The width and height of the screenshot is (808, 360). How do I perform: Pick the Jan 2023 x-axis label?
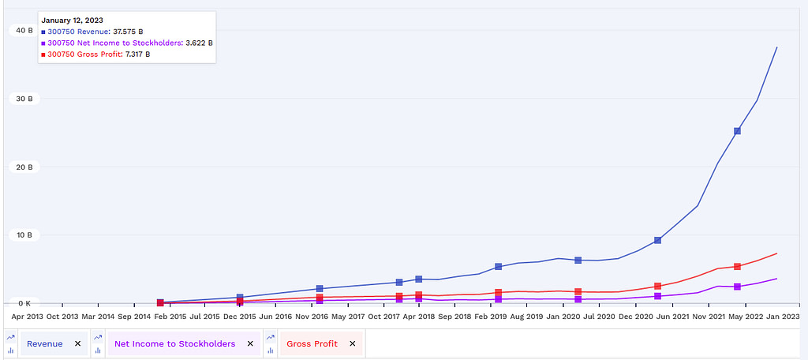784,316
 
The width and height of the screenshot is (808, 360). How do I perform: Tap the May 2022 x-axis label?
747,316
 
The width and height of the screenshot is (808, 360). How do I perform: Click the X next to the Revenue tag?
77,343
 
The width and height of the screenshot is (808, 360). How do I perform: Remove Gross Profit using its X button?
352,343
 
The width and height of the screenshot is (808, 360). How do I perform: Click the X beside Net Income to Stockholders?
250,343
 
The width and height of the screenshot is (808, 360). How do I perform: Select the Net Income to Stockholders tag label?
174,343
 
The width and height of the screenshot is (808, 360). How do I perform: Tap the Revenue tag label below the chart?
45,343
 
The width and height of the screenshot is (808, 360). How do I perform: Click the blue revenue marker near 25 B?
737,131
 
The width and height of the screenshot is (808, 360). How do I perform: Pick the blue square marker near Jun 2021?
657,240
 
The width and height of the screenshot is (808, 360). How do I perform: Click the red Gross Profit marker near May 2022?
737,267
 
